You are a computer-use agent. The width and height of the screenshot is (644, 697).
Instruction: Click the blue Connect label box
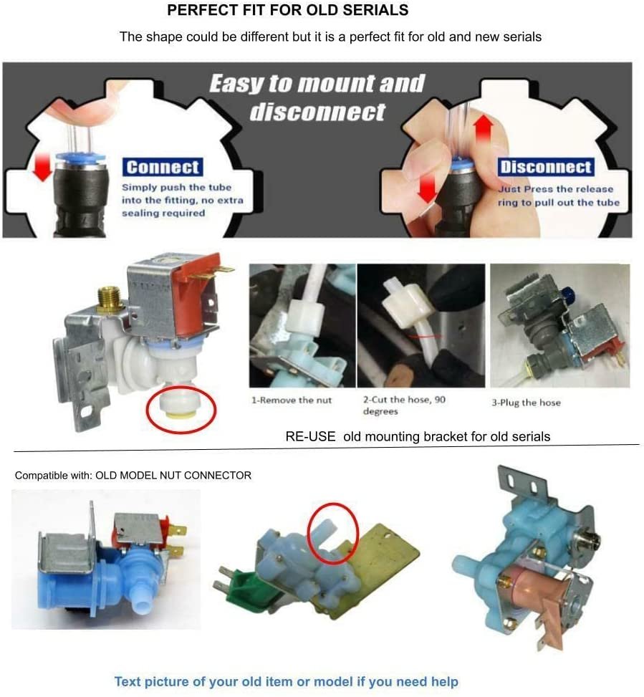click(162, 167)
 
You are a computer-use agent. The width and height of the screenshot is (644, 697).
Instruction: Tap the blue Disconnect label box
click(546, 168)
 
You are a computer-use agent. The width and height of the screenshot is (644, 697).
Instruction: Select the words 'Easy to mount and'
click(317, 84)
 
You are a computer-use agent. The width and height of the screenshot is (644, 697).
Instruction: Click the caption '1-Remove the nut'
click(291, 400)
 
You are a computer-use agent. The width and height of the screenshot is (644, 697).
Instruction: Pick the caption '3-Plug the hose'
click(526, 403)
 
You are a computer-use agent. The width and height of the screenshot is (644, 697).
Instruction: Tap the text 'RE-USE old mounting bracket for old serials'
click(418, 436)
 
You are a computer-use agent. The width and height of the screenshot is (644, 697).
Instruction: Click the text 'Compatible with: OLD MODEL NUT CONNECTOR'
click(133, 476)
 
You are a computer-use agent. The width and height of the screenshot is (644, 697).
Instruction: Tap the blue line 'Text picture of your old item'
click(286, 681)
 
